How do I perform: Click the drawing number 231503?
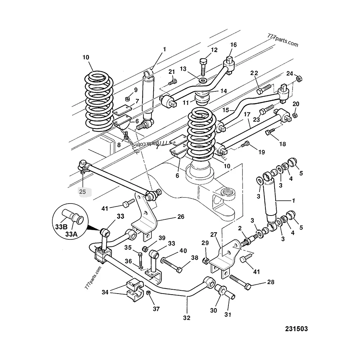(x=296, y=329)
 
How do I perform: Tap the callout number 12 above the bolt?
(x=214, y=50)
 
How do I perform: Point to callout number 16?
(x=233, y=45)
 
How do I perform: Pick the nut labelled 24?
(x=299, y=79)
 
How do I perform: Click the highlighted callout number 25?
(x=82, y=192)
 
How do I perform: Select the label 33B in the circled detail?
(x=61, y=227)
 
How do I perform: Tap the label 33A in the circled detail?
(x=71, y=234)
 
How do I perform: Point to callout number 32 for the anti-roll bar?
(x=187, y=318)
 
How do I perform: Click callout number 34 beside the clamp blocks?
(x=105, y=292)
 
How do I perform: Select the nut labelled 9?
(x=128, y=99)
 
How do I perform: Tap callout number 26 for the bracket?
(x=181, y=217)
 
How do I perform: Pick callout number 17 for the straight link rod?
(x=247, y=114)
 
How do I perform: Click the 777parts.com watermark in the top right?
(x=283, y=40)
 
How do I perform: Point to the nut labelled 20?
(x=295, y=115)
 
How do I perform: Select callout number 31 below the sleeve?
(x=228, y=314)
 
